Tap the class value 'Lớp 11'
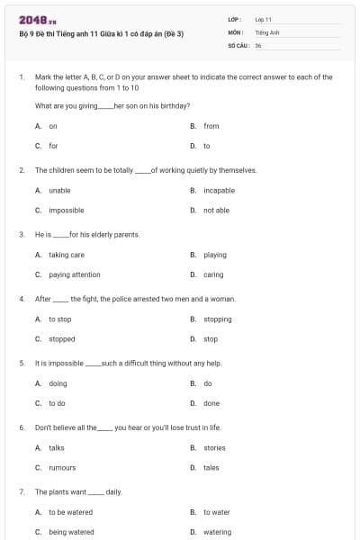coord(264,19)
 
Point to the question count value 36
coord(258,44)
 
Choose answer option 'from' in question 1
coord(211,126)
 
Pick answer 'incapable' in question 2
coord(219,190)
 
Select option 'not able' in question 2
coord(216,210)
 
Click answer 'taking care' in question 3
coord(67,255)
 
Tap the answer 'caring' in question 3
coord(213,274)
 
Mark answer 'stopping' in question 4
coord(217,319)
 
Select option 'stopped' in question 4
coord(61,339)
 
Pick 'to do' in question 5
coord(57,403)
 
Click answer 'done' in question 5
coord(211,403)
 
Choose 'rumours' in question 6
coord(62,467)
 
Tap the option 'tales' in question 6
coord(211,467)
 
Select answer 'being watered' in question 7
coord(71,532)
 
